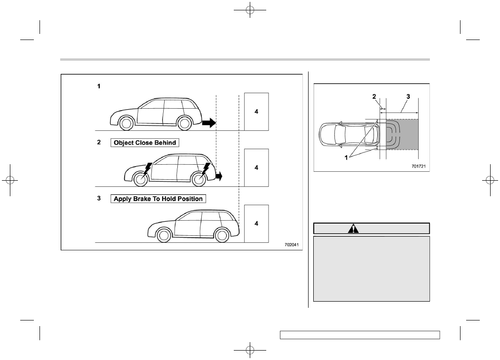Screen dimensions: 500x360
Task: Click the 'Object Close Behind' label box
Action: click(x=145, y=143)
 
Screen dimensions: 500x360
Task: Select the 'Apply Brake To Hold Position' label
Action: click(x=158, y=199)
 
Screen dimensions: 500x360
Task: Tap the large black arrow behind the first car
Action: click(x=209, y=122)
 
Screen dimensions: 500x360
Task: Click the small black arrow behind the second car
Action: click(x=219, y=176)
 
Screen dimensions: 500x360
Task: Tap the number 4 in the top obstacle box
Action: click(x=256, y=112)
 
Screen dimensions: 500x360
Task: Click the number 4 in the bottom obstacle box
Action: click(x=256, y=224)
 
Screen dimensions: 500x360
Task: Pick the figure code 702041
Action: click(x=292, y=245)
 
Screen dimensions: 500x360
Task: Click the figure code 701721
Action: click(x=418, y=166)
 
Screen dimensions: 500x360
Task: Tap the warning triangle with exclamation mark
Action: click(x=353, y=229)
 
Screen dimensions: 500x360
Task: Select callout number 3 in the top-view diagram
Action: click(x=408, y=96)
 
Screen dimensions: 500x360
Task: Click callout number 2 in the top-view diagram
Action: click(x=374, y=96)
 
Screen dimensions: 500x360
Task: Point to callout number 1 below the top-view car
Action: click(x=346, y=157)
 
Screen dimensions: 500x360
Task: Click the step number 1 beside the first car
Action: click(x=99, y=86)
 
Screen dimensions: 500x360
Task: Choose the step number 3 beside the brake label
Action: click(x=99, y=198)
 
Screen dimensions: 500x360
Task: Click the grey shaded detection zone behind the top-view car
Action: click(x=403, y=135)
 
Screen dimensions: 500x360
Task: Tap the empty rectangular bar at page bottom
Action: click(x=360, y=335)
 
